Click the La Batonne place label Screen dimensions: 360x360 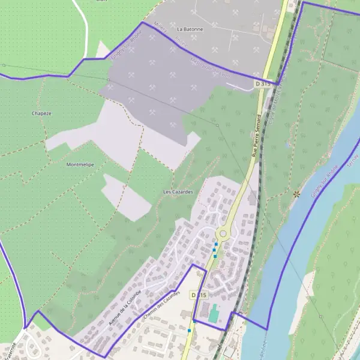click(190, 28)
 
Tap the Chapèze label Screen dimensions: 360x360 click(41, 113)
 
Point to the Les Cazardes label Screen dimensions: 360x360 click(178, 191)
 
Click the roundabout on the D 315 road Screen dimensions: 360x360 click(224, 233)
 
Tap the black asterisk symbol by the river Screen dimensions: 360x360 click(296, 194)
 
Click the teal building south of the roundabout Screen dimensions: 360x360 click(214, 313)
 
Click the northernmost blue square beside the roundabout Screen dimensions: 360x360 click(216, 244)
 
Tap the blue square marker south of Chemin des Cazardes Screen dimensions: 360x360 click(190, 330)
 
